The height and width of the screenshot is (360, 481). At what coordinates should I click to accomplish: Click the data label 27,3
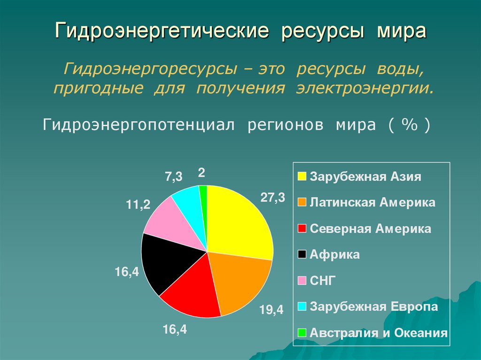coord(273,198)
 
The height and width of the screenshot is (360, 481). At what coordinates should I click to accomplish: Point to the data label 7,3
coord(173,177)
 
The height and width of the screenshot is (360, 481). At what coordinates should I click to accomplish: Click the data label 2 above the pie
coord(201,173)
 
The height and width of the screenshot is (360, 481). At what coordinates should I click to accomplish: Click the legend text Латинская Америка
coord(372,203)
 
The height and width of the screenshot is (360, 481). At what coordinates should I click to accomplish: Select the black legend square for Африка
coord(302,255)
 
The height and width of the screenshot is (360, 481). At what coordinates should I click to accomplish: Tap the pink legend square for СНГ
coord(302,281)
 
